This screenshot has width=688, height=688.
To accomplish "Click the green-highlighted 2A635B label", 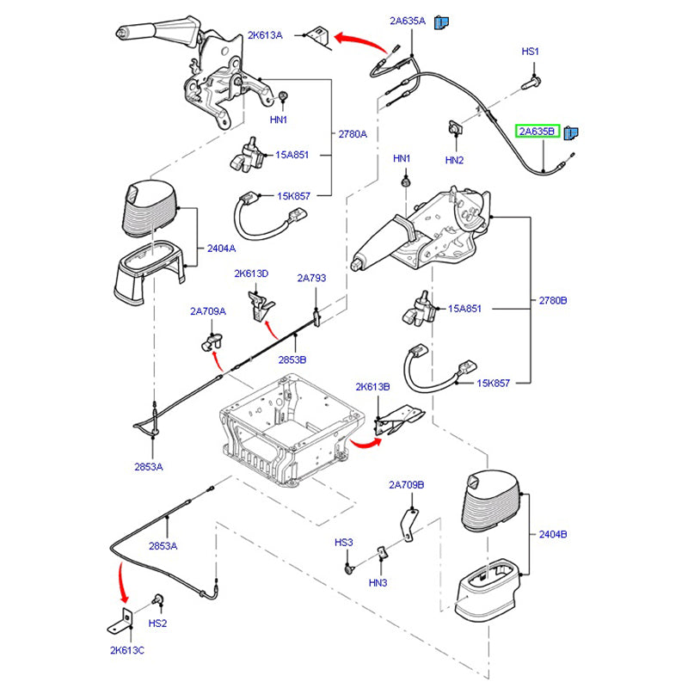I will pos(537,132).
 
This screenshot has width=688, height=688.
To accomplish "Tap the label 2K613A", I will pos(265,35).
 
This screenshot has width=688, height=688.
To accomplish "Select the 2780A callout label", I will pos(353,133).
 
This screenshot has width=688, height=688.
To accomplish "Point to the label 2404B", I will pos(553,534).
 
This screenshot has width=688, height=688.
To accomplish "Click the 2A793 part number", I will pos(311,278).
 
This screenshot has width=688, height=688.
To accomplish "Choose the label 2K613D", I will pos(251,273).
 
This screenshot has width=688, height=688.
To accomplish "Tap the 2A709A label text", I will pos(208,311).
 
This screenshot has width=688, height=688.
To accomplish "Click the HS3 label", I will pos(344,543).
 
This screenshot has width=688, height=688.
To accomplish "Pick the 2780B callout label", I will pos(552,301).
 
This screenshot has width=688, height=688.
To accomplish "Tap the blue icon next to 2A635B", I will pos(572,132).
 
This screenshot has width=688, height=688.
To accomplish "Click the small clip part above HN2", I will pos(452,128).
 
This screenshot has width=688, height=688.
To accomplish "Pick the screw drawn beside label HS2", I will pos(157,600).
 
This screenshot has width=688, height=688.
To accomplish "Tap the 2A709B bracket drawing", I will pos(410,522).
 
